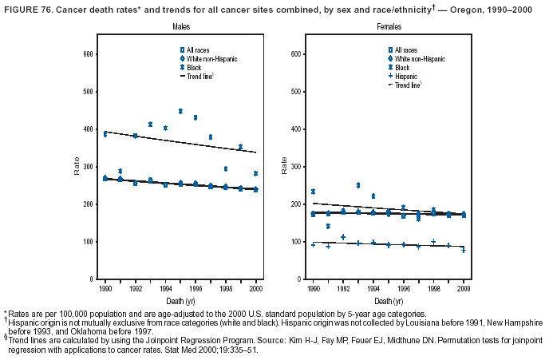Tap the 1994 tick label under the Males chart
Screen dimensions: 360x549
(x=165, y=287)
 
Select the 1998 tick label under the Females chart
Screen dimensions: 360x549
(x=433, y=287)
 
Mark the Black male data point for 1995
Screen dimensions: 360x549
(x=180, y=111)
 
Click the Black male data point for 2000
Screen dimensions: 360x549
(x=255, y=173)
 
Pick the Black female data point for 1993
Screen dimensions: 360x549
(x=358, y=185)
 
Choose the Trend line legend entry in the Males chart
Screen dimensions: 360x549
(x=199, y=75)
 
